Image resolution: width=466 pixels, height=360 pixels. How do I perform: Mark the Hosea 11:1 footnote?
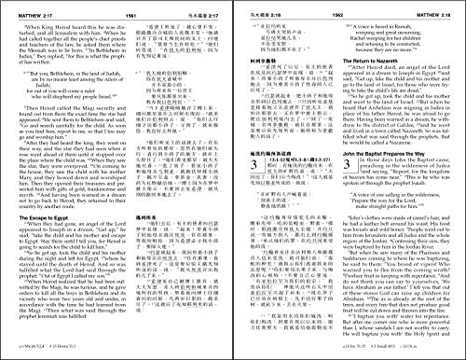tap(78, 353)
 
